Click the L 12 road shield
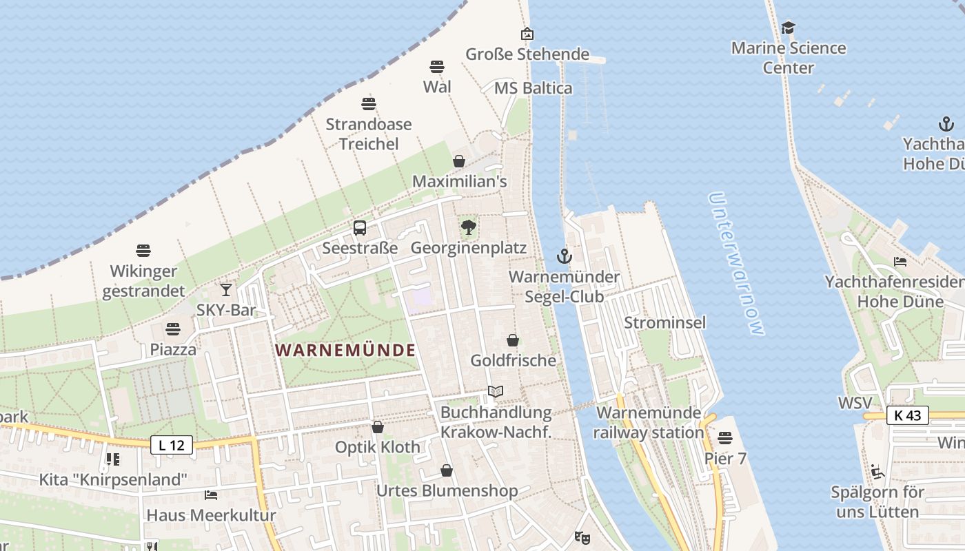coord(172,445)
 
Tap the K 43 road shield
coord(908,415)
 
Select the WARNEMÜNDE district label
coord(345,350)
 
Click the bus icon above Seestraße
coord(360,228)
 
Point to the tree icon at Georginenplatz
coord(469,227)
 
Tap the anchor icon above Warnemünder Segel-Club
coord(564,257)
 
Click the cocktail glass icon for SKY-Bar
coord(226,290)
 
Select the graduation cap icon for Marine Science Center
coord(788,28)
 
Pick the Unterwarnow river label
coord(735,263)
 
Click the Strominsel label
coord(665,322)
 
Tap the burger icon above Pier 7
coord(725,438)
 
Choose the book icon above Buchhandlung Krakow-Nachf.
coord(496,392)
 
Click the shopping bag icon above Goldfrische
coord(513,340)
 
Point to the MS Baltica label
coord(534,88)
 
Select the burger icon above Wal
coord(437,67)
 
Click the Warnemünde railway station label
coord(649,422)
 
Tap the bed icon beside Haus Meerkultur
coord(211,495)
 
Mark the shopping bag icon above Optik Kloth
coord(377,427)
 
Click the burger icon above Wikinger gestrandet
coord(143,251)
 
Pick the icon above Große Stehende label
coord(527,34)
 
